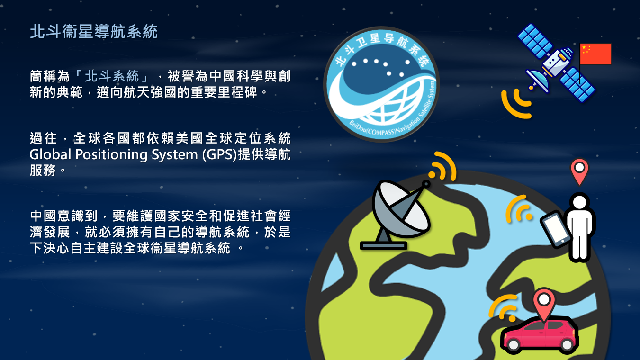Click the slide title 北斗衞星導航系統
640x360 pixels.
click(94, 31)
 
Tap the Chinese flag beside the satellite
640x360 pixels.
click(595, 54)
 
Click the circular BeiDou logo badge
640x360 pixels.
click(381, 84)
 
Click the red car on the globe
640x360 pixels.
click(540, 335)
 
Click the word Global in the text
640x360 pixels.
click(50, 154)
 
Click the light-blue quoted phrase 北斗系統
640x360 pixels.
click(111, 76)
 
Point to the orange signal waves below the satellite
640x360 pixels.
click(516, 103)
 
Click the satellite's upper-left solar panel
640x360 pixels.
click(535, 41)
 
